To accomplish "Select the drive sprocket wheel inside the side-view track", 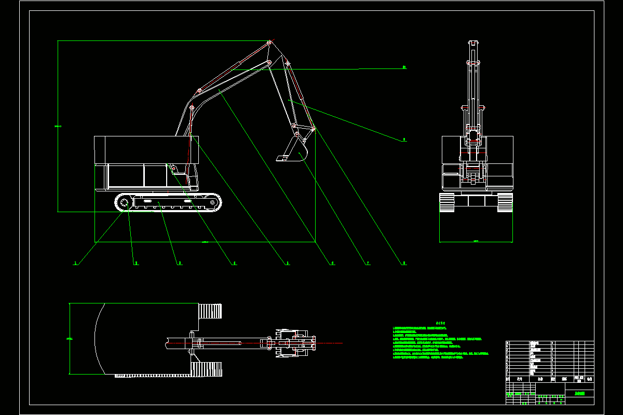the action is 124,203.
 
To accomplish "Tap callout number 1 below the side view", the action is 76,264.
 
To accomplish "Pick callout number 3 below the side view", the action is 180,264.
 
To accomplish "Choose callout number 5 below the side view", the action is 288,264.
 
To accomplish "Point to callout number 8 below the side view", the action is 404,264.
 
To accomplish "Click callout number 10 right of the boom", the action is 404,67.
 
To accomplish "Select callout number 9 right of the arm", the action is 404,140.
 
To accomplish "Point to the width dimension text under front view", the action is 476,241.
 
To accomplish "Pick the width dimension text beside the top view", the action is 70,338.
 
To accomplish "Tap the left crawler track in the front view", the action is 446,202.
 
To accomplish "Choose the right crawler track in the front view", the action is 505,202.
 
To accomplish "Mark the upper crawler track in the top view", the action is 211,311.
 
